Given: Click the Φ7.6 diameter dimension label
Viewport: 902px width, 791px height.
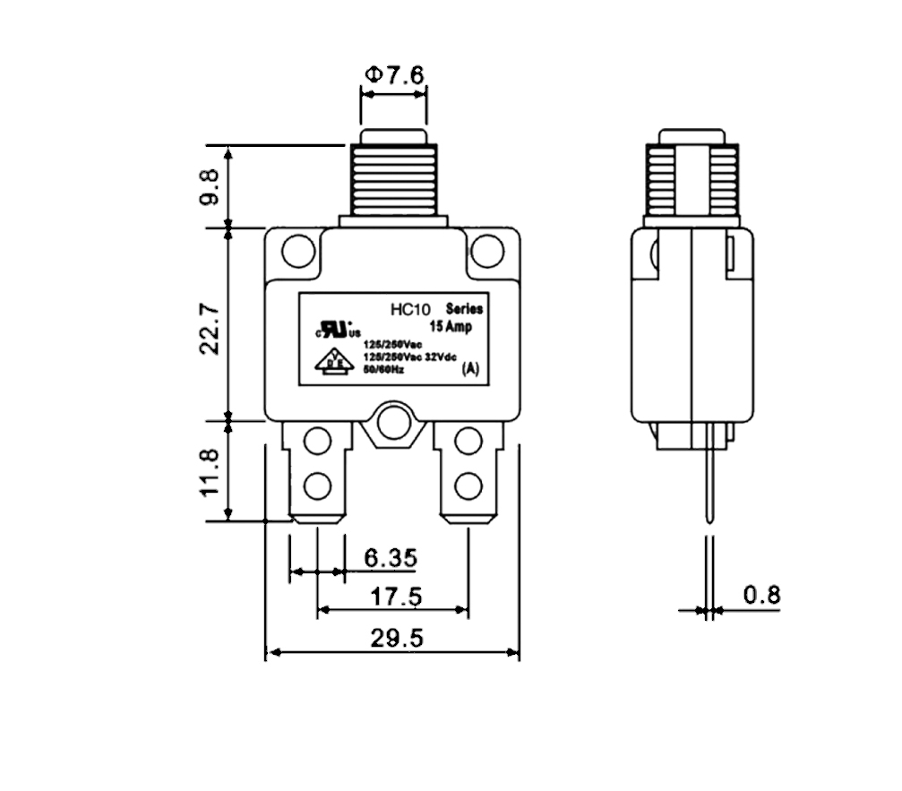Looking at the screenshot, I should (393, 75).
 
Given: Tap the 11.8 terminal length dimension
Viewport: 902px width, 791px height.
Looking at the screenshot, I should (208, 472).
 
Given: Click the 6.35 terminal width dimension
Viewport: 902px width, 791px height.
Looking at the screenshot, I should (390, 559).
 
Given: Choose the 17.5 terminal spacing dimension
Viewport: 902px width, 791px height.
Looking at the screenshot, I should (394, 597).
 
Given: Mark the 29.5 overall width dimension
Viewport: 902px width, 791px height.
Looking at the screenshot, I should (395, 639).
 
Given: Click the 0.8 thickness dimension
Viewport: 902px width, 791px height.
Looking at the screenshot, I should (761, 594).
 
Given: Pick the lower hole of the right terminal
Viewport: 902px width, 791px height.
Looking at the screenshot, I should (467, 486).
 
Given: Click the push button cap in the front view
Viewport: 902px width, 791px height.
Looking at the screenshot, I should (393, 138).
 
